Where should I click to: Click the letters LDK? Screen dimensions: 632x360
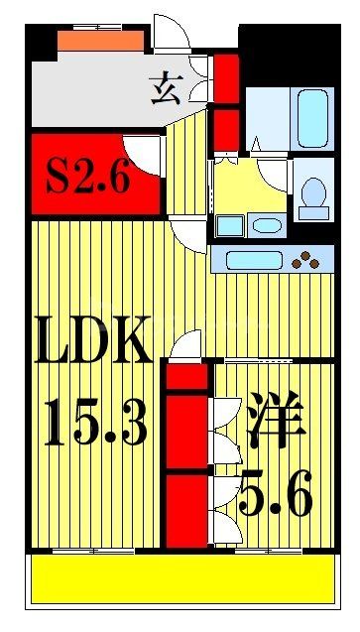coord(93,343)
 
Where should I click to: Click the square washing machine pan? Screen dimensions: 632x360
coord(229,225)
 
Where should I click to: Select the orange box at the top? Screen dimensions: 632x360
coord(100,41)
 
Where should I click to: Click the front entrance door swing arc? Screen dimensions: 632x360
coord(172,30)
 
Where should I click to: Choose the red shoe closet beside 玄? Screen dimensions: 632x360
coord(227,72)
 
